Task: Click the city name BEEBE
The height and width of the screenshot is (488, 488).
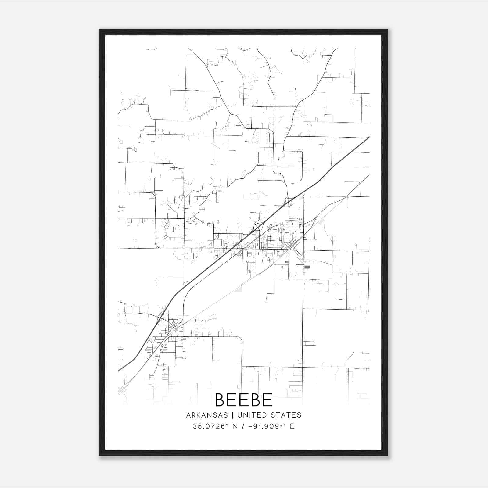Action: [244, 400]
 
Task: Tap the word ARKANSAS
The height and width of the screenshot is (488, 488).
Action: [206, 415]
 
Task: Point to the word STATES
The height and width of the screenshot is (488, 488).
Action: [286, 415]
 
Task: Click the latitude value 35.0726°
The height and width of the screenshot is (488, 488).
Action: [210, 426]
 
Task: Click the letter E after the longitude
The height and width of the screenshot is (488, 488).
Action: [292, 426]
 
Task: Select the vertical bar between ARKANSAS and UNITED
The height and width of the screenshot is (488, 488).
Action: [232, 415]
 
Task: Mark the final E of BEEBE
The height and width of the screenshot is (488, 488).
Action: [267, 400]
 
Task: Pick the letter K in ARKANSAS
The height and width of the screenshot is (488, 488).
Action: [199, 415]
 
